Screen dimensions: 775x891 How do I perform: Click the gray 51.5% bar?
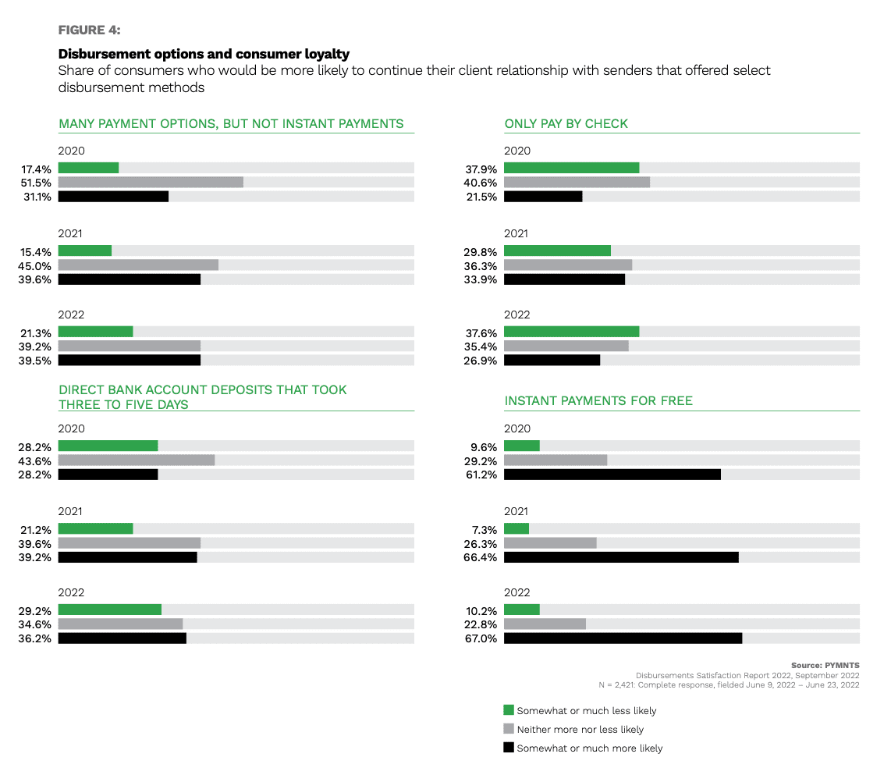coord(151,182)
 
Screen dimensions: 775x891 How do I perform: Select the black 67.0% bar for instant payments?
coord(623,638)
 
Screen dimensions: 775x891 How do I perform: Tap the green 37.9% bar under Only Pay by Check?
coord(571,167)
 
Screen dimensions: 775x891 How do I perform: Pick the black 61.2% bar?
coord(612,475)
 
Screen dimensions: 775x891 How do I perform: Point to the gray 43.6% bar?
coord(137,460)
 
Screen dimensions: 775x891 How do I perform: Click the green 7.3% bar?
coord(516,528)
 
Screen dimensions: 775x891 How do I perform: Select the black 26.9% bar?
coord(552,360)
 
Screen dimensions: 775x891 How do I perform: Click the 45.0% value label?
coord(36,265)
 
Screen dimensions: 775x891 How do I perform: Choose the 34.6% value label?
coord(36,624)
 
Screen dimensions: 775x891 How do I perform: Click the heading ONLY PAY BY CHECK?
coord(566,123)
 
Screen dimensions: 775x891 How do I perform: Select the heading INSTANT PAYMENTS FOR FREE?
coord(598,401)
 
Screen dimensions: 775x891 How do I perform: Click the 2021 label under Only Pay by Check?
coord(516,233)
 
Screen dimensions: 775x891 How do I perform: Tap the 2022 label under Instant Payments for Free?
coord(516,592)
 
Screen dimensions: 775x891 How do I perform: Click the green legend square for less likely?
coord(509,710)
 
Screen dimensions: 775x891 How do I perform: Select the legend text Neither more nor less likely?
coord(580,729)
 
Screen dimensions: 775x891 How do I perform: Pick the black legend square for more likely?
coord(509,748)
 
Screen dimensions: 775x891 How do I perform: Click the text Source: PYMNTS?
coord(825,665)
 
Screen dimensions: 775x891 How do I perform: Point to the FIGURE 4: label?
coord(89,30)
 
